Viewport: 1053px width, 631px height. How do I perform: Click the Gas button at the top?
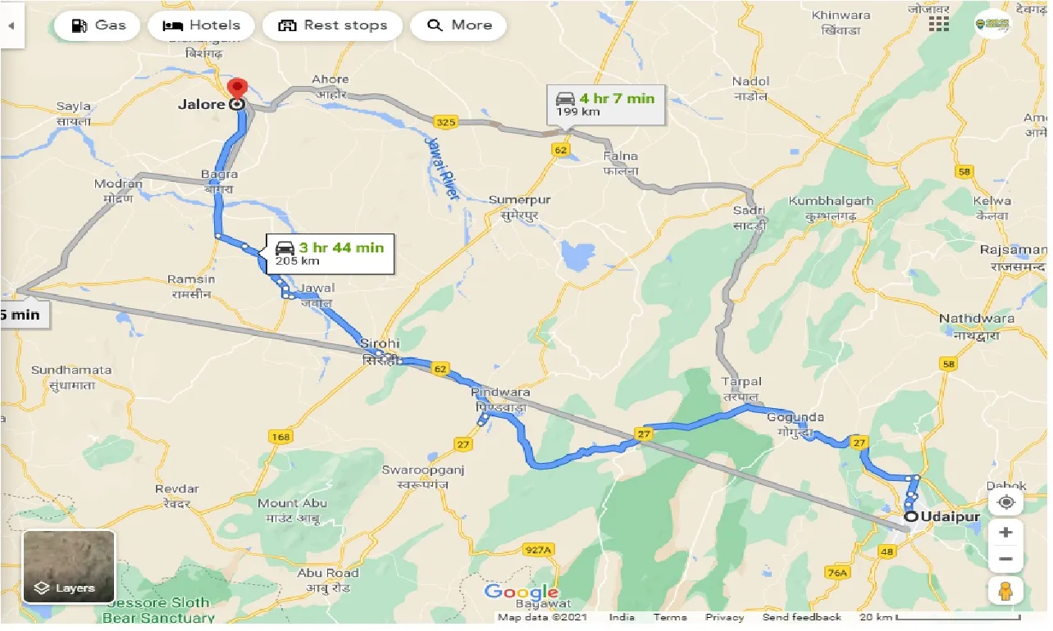point(98,25)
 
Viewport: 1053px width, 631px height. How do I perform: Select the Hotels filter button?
point(202,25)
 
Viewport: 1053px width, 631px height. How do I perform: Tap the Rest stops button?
point(332,25)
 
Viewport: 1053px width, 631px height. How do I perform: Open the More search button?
point(459,25)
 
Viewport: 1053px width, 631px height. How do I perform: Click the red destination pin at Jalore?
point(237,89)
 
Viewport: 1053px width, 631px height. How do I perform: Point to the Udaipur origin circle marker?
point(911,517)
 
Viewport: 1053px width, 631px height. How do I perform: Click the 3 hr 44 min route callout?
point(330,254)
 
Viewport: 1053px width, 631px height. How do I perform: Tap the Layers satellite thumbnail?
point(69,566)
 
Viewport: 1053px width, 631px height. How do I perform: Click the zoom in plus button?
point(1006,532)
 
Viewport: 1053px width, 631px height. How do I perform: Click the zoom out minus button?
point(1006,560)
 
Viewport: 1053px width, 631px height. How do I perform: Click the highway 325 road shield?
point(445,122)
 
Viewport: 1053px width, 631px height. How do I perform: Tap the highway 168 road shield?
point(280,437)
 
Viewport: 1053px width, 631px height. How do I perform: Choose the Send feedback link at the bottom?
point(801,617)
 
